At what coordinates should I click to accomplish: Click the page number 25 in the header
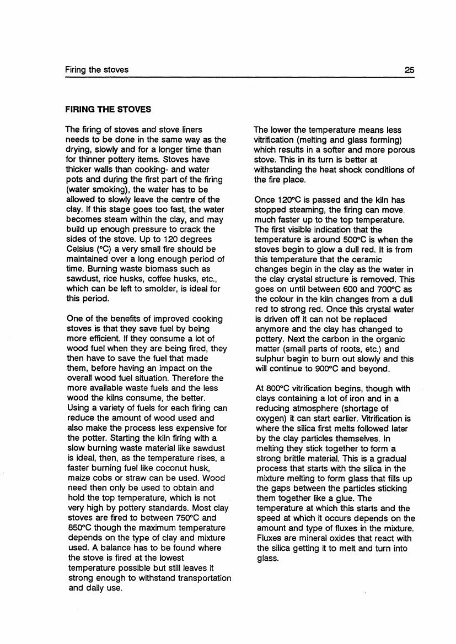click(409, 70)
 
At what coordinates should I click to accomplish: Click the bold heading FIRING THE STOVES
click(108, 110)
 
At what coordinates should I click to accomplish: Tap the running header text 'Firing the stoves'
click(96, 70)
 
